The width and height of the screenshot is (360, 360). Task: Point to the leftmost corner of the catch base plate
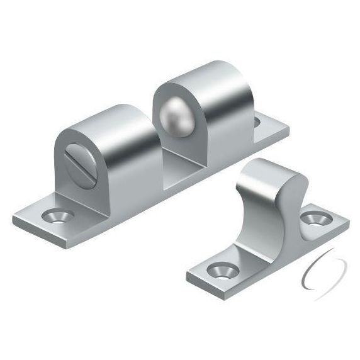coord(14,222)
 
